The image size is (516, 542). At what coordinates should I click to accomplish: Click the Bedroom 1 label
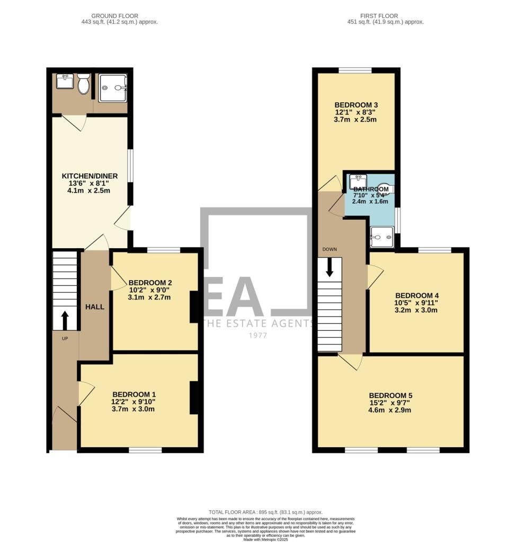pos(134,394)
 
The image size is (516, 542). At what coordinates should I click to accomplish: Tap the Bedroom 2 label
pos(150,282)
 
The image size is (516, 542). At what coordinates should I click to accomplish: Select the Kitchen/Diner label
pos(90,176)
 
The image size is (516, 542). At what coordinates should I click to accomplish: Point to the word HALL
pos(95,307)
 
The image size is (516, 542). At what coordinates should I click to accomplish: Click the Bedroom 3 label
pos(355,104)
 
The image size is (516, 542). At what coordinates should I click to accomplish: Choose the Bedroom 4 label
pos(416,295)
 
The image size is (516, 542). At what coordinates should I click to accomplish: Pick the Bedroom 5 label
pos(390,395)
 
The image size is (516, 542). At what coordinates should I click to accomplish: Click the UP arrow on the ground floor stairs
pos(65,320)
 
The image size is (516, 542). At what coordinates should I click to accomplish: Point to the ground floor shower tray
pos(113,88)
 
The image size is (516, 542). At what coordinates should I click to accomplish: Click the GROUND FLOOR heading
pos(117,16)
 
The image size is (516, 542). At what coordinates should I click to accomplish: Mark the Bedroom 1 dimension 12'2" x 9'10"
pos(134,402)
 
